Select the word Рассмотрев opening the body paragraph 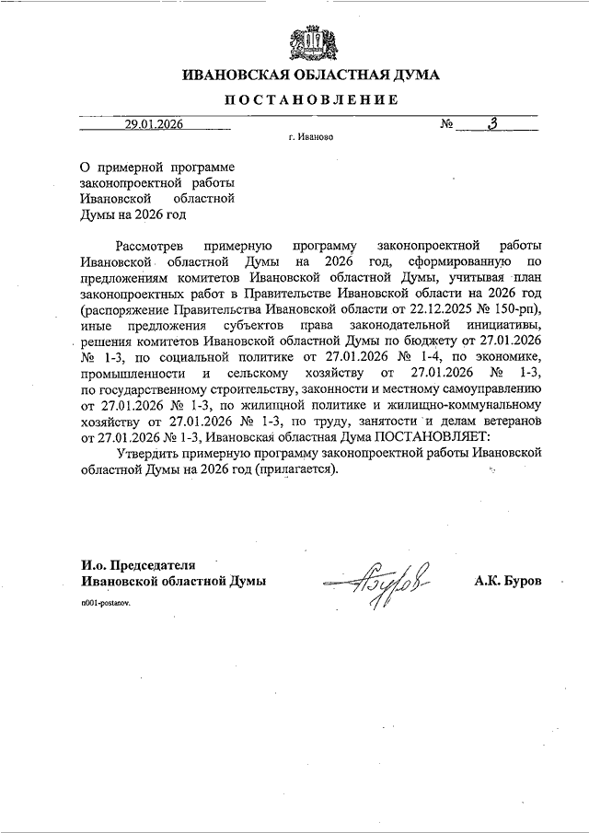(x=149, y=245)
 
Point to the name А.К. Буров (x=508, y=582)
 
